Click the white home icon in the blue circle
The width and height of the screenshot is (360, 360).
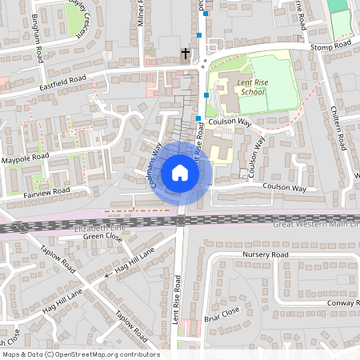point(179,173)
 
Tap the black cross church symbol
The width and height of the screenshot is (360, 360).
point(186,54)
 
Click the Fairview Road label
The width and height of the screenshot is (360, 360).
point(46,192)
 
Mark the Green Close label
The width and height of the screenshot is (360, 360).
point(103,237)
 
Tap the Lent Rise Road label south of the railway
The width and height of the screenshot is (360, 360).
point(178,296)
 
